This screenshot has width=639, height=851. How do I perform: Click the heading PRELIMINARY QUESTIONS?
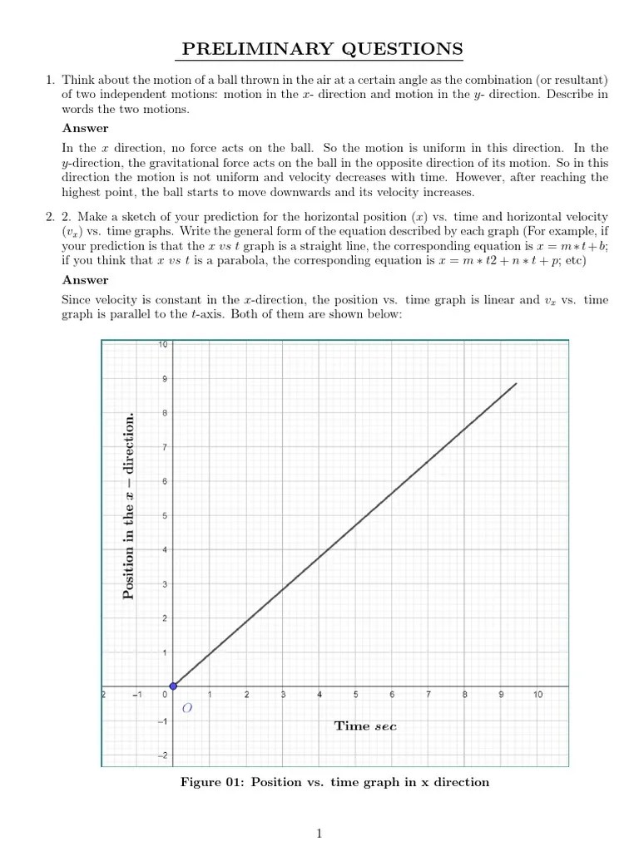tap(323, 50)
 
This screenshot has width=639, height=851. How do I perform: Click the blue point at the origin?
tap(173, 686)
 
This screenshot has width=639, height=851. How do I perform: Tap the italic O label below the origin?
tap(186, 708)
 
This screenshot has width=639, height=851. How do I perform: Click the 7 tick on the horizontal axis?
tap(428, 695)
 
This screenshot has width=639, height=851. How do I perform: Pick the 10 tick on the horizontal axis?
tap(537, 695)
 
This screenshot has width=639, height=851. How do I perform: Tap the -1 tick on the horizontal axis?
tap(137, 695)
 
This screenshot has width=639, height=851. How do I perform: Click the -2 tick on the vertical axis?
tap(163, 755)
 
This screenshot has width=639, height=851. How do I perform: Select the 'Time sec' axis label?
tap(365, 726)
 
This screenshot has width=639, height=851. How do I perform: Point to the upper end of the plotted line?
tap(517, 383)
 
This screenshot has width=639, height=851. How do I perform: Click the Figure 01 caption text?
tap(334, 782)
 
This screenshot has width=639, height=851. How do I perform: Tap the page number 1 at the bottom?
tap(319, 834)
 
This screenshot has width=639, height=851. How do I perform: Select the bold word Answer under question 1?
tap(85, 128)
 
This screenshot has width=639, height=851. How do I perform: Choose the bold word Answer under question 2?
tap(85, 280)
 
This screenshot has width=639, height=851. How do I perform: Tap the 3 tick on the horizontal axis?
tap(283, 695)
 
